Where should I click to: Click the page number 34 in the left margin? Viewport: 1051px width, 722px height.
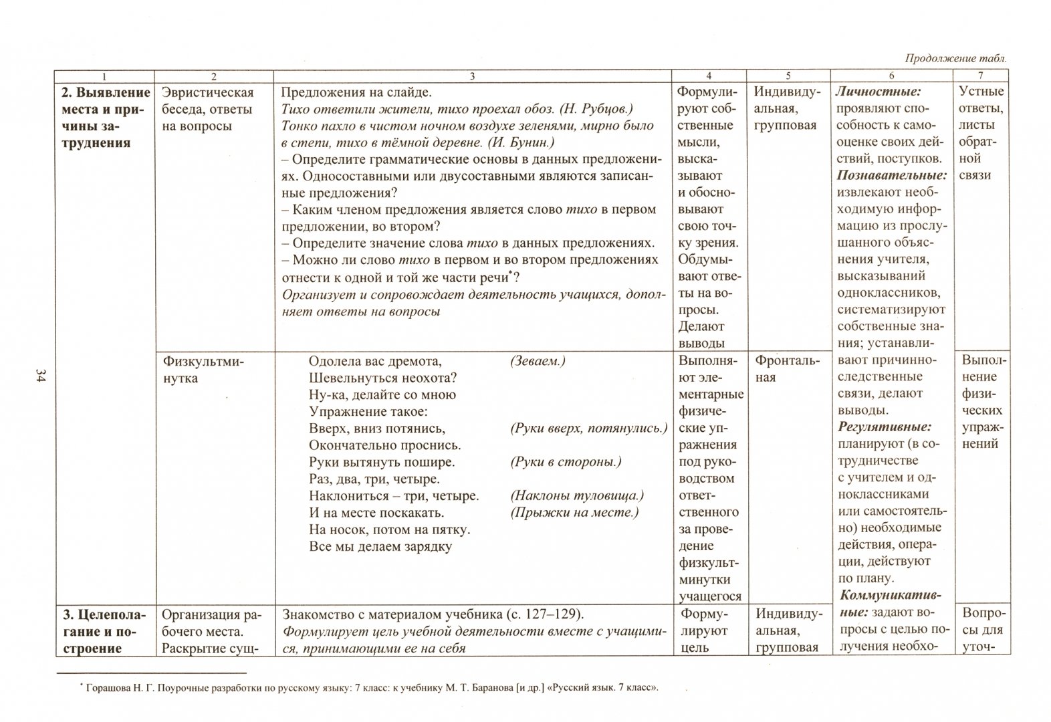tap(39, 375)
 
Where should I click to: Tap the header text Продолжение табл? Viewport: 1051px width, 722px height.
tap(955, 58)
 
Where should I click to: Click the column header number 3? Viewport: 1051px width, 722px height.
tap(472, 76)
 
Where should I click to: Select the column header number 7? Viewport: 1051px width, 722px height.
tap(981, 76)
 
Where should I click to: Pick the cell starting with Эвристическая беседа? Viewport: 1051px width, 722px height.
tap(208, 109)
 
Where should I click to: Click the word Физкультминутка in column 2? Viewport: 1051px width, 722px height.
tap(203, 370)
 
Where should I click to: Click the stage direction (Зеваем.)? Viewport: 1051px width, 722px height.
tap(538, 361)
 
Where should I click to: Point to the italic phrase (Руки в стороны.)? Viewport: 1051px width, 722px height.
tap(566, 462)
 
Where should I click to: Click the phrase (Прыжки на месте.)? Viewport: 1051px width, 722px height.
tap(574, 513)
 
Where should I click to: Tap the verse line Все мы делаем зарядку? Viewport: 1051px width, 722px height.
tap(380, 546)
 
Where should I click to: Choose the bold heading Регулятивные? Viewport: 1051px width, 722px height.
tap(885, 427)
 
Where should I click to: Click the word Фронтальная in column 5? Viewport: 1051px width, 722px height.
tap(787, 369)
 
